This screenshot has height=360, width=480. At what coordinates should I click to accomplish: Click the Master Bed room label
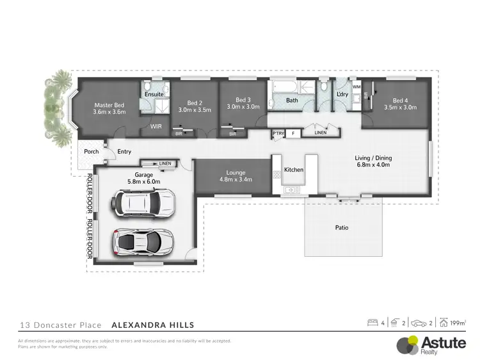(x=109, y=104)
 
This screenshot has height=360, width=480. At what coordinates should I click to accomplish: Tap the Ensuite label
(x=154, y=94)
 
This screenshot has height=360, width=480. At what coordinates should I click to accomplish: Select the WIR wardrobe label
(x=155, y=127)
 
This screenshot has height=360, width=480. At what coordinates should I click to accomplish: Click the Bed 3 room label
(x=243, y=100)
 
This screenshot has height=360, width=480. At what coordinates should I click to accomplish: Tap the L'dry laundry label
(x=342, y=95)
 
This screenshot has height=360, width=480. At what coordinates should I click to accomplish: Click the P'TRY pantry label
(x=278, y=134)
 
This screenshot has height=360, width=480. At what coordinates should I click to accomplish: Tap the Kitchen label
(x=293, y=170)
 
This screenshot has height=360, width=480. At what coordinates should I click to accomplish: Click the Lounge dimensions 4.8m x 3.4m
(x=236, y=179)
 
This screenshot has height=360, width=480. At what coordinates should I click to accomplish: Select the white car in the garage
(x=140, y=203)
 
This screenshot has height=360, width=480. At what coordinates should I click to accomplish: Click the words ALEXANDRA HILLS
(x=153, y=325)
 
